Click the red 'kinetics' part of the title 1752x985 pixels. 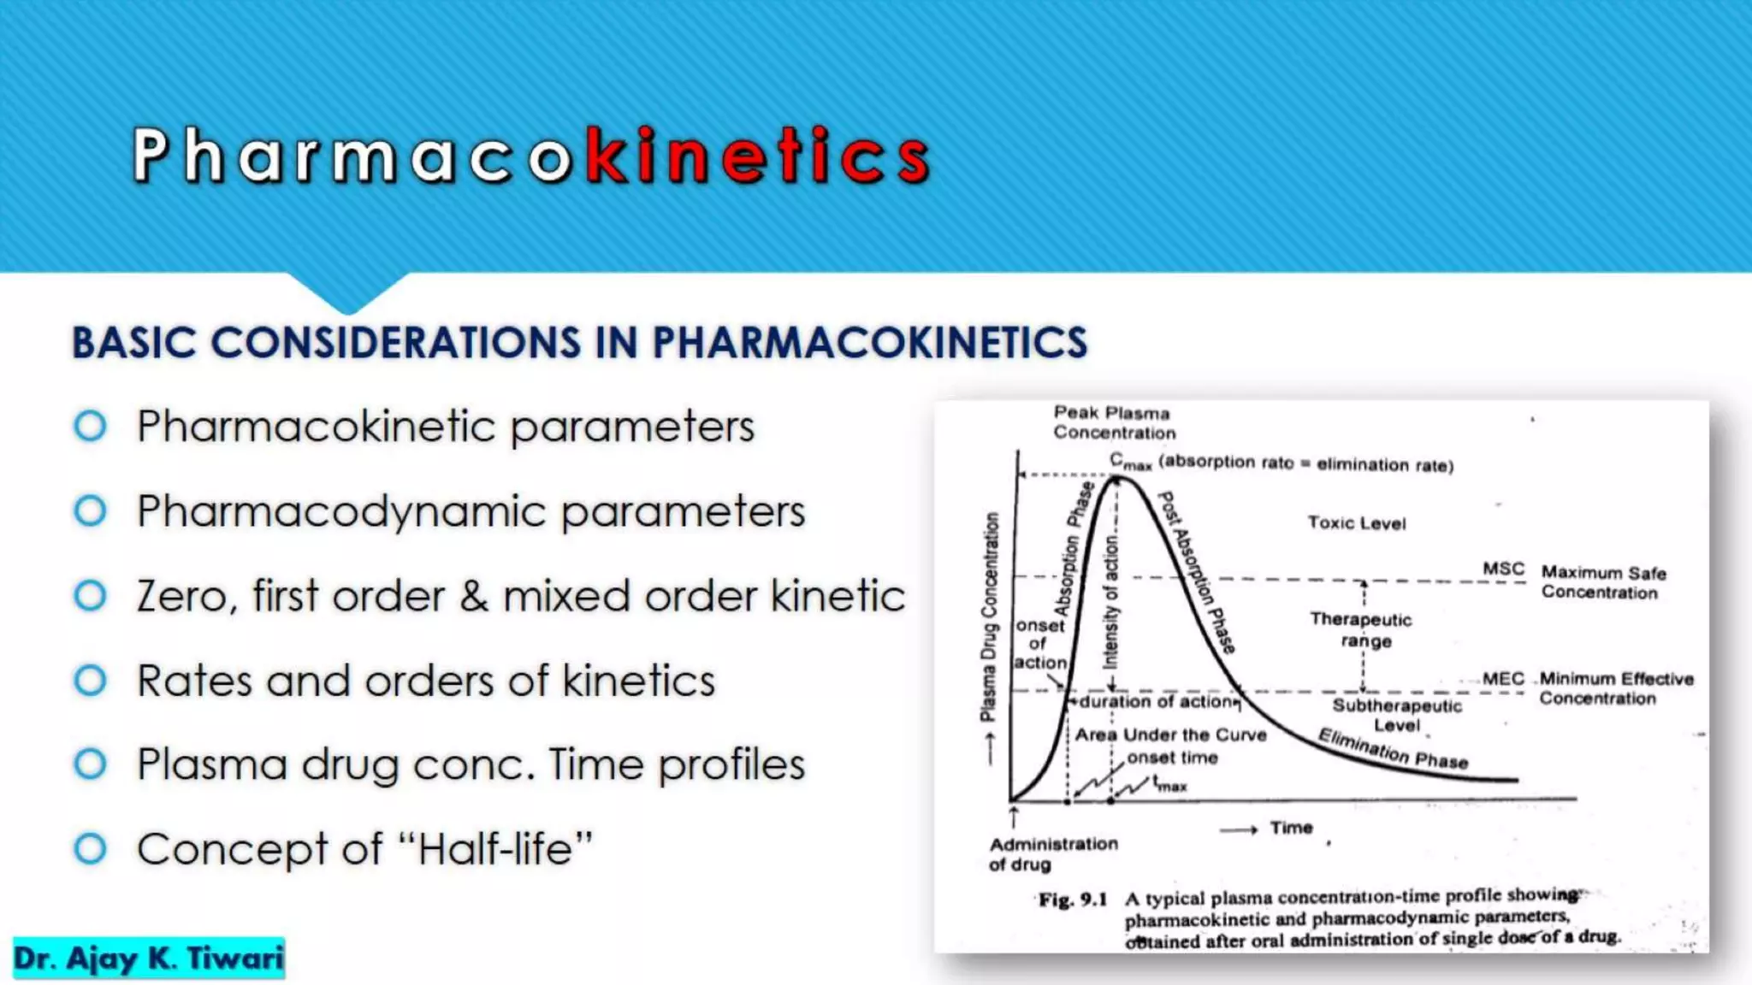pos(758,156)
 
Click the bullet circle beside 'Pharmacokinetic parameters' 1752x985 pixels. pos(91,426)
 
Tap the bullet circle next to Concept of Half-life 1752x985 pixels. pos(91,849)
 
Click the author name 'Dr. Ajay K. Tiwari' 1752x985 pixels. pos(149,958)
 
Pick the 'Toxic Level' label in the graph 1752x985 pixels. pos(1356,522)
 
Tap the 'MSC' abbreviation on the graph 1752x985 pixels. pos(1503,569)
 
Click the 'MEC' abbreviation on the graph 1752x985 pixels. pos(1503,679)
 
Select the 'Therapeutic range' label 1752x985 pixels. pos(1361,629)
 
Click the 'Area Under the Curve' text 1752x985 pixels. pos(1170,734)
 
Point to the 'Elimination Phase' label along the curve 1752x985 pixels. pos(1393,749)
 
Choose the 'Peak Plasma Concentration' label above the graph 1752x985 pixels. pos(1114,422)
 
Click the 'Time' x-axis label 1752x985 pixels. pos(1291,828)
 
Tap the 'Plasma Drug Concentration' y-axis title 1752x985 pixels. pos(990,616)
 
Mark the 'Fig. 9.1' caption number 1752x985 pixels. pos(1073,899)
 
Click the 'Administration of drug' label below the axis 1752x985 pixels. pos(1053,853)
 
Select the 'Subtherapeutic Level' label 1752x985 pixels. pos(1397,716)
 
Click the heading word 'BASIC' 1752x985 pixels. pos(134,343)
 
